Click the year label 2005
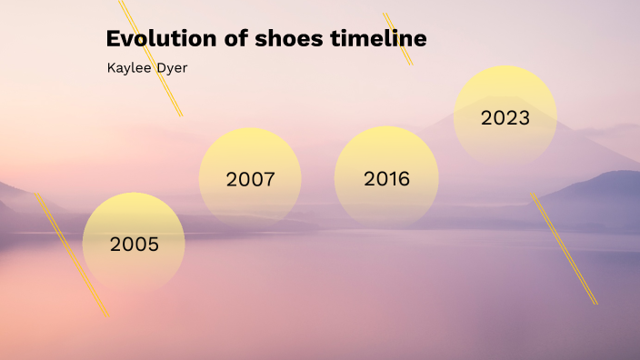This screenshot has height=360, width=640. point(135,244)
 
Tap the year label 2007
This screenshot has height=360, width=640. point(250,179)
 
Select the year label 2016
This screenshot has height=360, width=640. point(386,178)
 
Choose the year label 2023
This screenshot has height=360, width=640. point(505,118)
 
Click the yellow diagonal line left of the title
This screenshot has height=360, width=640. point(151,58)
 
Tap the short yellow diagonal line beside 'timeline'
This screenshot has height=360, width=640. point(398,39)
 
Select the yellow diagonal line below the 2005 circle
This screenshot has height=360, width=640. point(72,255)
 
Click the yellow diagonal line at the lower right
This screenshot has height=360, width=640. point(564,247)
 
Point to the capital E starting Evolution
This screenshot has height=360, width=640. point(113,39)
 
